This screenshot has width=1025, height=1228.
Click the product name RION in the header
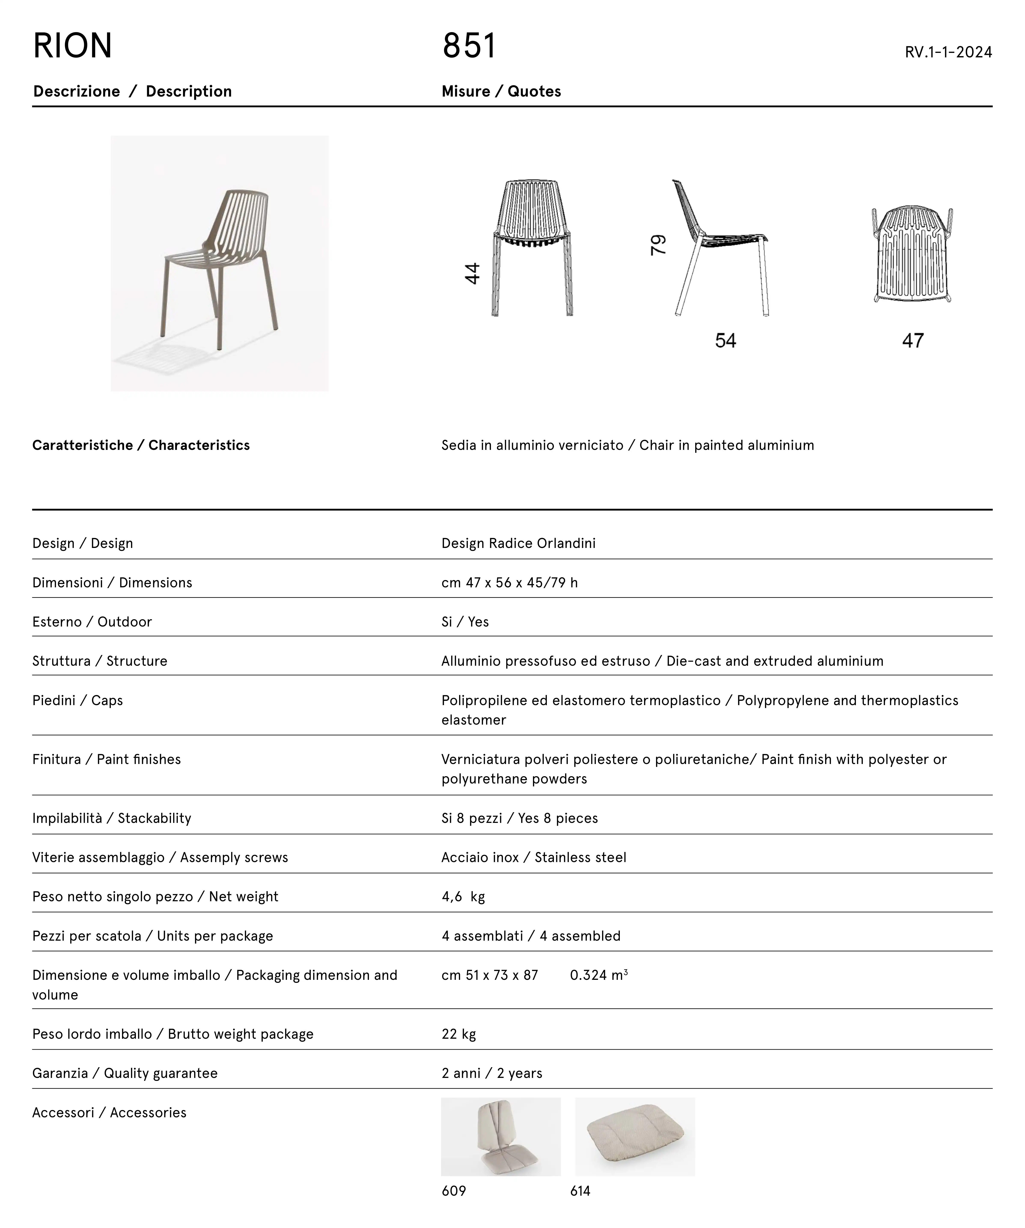(x=73, y=46)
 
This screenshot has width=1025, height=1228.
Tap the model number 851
(x=469, y=46)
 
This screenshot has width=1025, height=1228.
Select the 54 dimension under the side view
(x=725, y=340)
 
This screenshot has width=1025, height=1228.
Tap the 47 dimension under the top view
(x=912, y=340)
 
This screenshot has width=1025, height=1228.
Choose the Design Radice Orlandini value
(x=518, y=543)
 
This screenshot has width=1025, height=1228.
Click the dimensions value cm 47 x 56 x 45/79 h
(x=509, y=582)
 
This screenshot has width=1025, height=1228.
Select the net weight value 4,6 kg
(x=463, y=897)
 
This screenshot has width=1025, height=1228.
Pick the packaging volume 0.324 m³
(x=598, y=975)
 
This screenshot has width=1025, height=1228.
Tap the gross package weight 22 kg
(x=459, y=1034)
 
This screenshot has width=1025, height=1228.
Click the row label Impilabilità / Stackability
(x=112, y=818)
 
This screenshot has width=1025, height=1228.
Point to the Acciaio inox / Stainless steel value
(x=534, y=857)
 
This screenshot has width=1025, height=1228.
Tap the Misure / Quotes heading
(x=501, y=91)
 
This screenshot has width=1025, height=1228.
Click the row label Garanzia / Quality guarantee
(x=125, y=1073)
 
